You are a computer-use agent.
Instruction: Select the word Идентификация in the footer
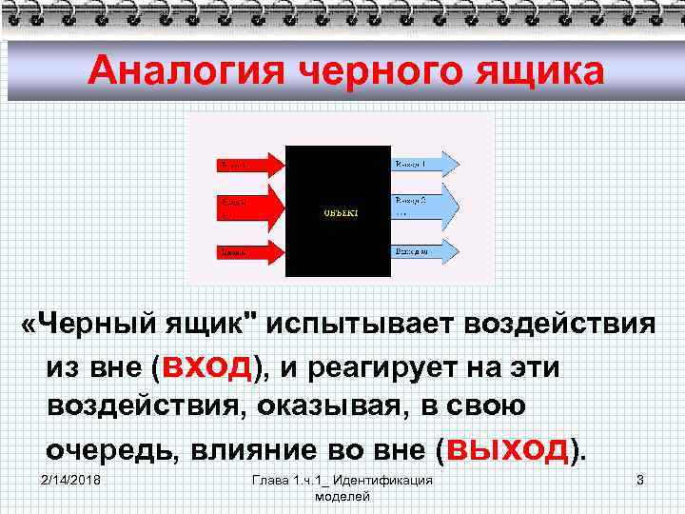[383, 481]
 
